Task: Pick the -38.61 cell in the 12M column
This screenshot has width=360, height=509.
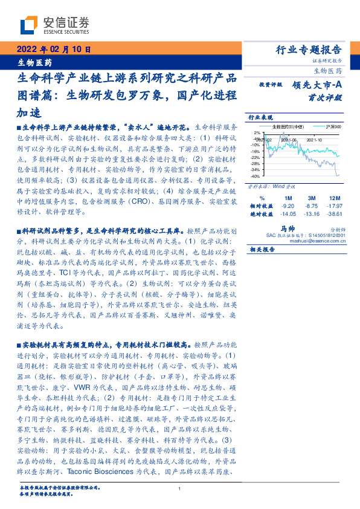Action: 334,213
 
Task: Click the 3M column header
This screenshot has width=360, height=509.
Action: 312,198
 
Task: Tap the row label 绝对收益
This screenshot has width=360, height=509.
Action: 260,213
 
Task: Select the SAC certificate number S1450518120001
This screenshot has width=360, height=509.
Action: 326,235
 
